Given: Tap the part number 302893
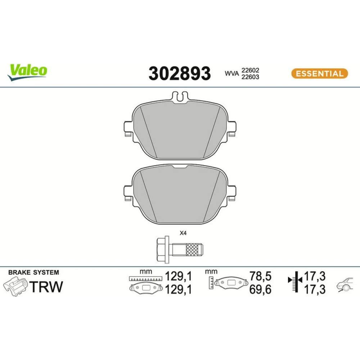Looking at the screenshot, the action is [180, 73].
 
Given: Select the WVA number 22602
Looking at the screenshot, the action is [250, 70].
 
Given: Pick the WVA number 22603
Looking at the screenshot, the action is [250, 77].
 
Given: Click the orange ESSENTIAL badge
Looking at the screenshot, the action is [320, 74].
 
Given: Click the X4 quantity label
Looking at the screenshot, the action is [183, 233].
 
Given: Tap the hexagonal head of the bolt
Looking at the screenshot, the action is [163, 249].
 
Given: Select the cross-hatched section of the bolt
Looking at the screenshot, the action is [192, 249].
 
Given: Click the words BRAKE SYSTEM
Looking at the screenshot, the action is [34, 272].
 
